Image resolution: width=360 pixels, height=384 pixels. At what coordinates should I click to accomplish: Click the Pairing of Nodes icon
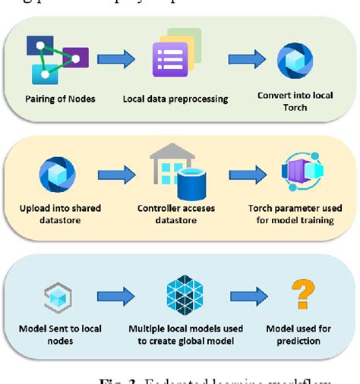click(55, 59)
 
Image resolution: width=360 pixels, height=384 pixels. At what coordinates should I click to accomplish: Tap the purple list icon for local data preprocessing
click(170, 58)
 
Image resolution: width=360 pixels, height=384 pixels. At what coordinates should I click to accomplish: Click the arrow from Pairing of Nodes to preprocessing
click(115, 58)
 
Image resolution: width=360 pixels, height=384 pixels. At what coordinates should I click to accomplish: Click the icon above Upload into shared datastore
click(58, 175)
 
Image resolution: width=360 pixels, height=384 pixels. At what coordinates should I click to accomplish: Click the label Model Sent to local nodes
click(58, 335)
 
